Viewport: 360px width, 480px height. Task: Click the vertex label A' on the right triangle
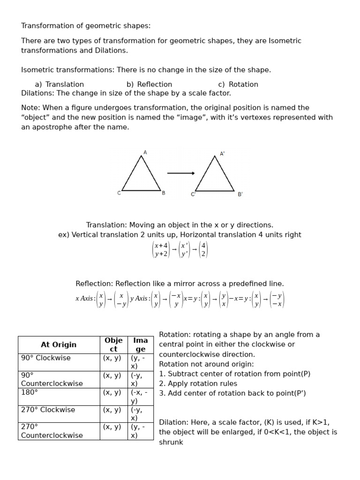222,154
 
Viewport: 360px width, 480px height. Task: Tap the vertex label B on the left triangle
164,193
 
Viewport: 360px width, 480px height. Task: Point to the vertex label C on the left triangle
119,193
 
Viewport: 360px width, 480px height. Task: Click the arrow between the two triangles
181,173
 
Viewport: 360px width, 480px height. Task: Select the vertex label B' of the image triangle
240,195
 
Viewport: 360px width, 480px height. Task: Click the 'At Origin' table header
59,345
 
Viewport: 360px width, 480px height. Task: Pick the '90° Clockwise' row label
46,358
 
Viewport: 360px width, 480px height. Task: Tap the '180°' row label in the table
30,392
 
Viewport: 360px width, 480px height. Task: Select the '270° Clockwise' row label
48,410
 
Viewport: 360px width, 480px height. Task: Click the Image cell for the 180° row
140,397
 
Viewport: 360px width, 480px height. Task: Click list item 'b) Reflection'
149,84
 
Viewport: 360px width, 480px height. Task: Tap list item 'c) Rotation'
238,84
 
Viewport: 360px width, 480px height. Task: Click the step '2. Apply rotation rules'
198,383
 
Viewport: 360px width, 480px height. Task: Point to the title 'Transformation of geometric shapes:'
86,26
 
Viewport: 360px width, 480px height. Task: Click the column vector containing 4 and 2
203,250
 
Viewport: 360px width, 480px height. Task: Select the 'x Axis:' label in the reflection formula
85,299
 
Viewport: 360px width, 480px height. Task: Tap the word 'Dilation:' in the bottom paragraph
175,422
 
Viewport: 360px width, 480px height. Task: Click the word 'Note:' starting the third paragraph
30,107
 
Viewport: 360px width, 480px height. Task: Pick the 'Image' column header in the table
140,345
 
